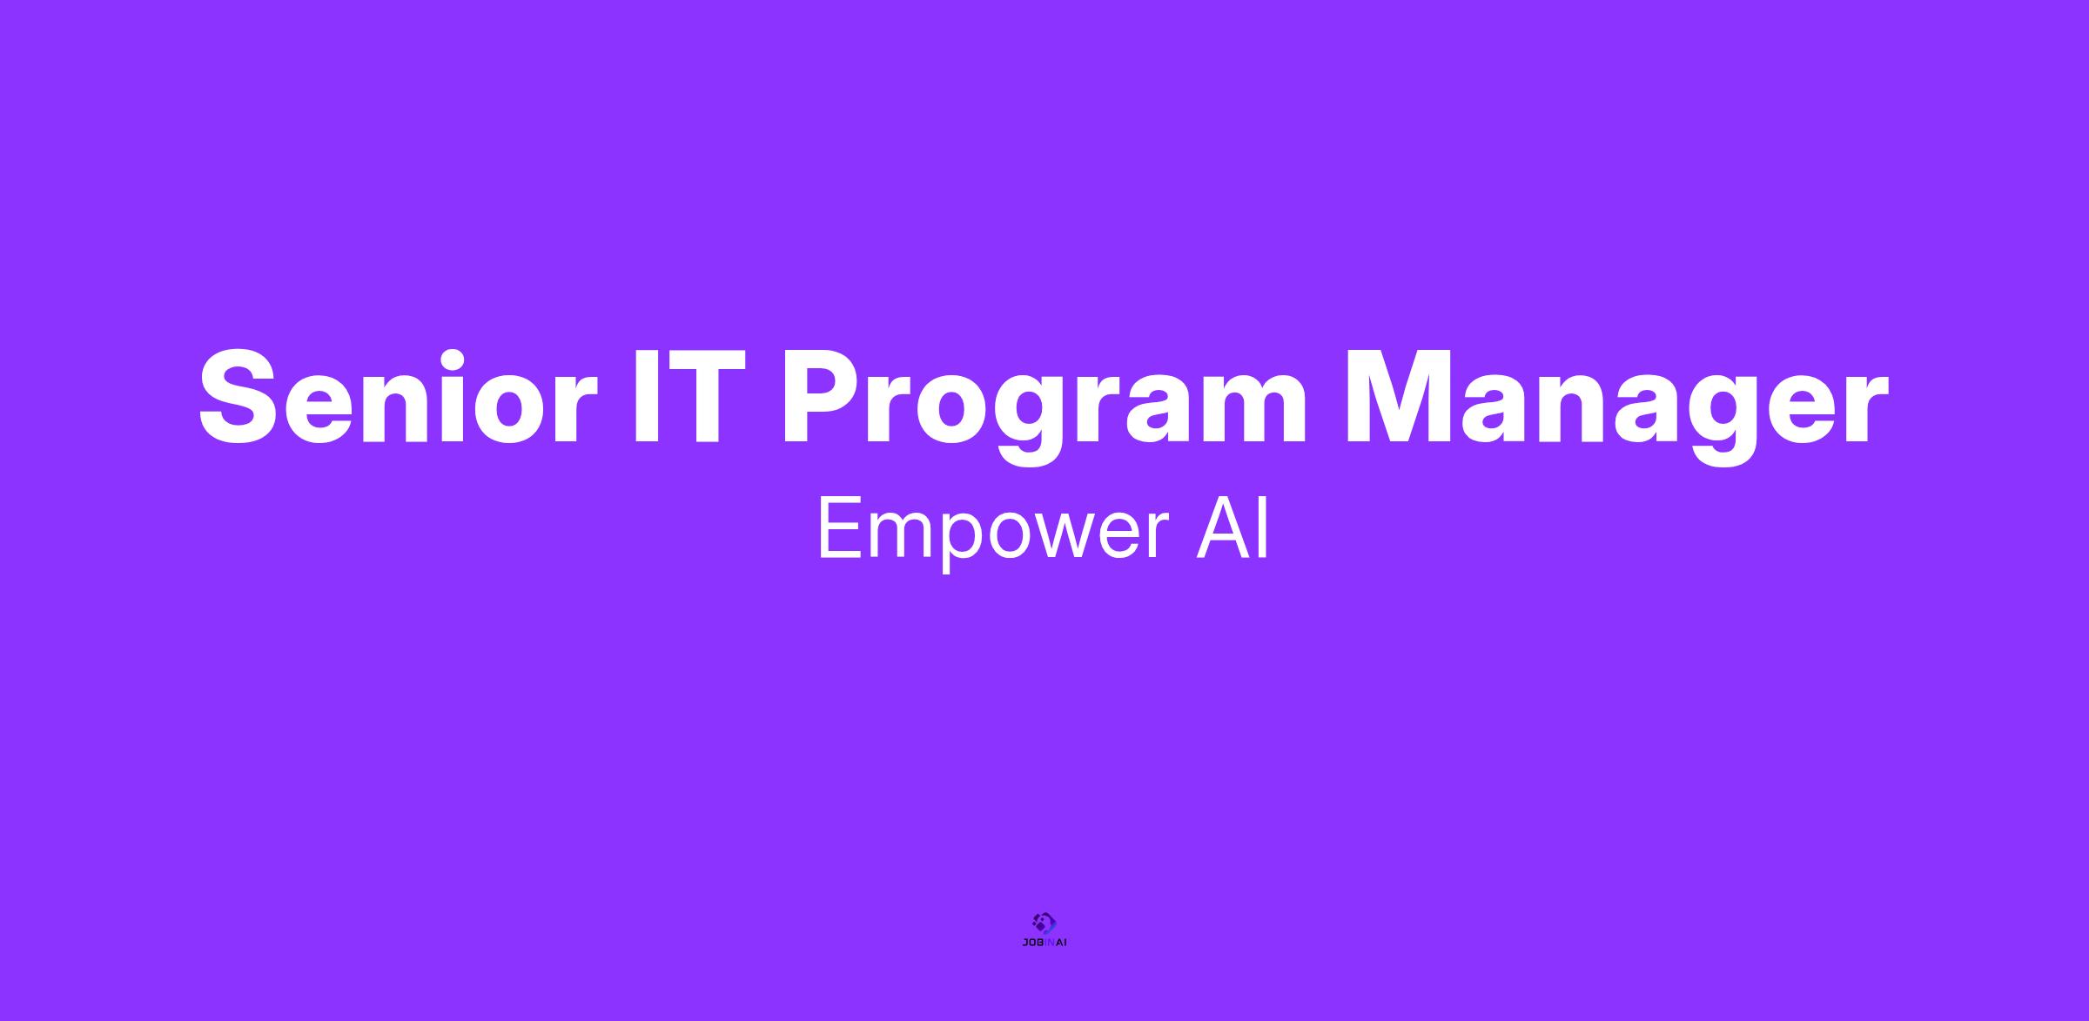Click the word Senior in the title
point(399,396)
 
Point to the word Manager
point(1616,406)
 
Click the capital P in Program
point(824,396)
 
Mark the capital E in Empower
point(840,528)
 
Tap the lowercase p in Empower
point(956,544)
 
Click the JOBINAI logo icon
point(1044,922)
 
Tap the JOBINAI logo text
point(1044,943)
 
